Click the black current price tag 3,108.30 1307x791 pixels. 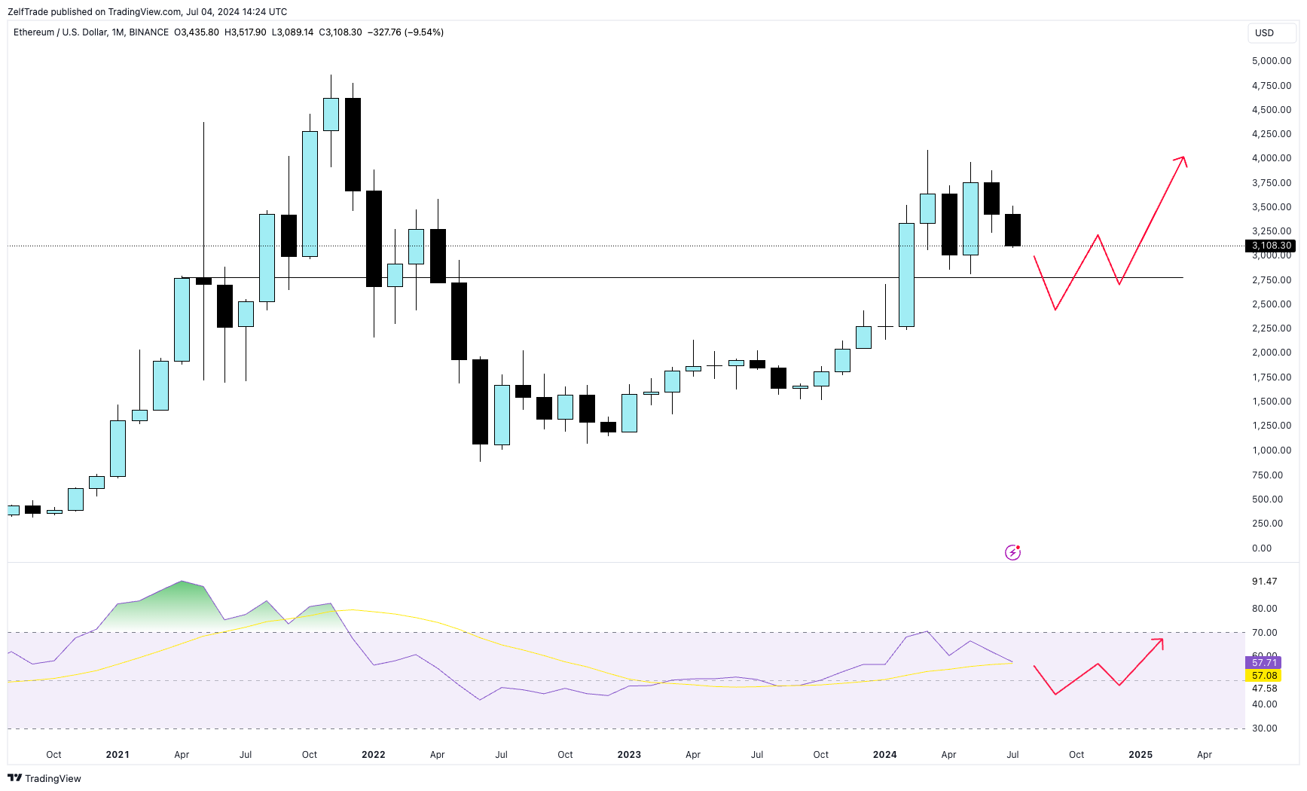[1272, 246]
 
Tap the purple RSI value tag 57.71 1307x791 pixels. [1264, 663]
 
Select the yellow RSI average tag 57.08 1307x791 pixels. [1264, 676]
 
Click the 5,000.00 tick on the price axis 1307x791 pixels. [1271, 61]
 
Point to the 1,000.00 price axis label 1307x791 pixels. [1271, 450]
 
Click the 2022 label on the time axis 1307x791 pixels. [373, 755]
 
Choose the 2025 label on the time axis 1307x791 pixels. [1140, 755]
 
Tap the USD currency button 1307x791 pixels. [1264, 33]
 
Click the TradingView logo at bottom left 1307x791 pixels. [44, 778]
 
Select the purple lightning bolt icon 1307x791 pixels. [1012, 553]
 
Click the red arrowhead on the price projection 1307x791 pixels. [1182, 160]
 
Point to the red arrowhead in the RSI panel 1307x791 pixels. [1159, 642]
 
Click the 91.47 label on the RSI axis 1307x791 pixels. [1264, 582]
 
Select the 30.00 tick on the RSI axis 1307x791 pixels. [1264, 728]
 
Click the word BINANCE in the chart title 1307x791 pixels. [148, 32]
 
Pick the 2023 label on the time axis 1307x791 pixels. [629, 755]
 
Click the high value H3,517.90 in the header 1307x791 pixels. [245, 32]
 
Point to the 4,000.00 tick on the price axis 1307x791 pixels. [1271, 158]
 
